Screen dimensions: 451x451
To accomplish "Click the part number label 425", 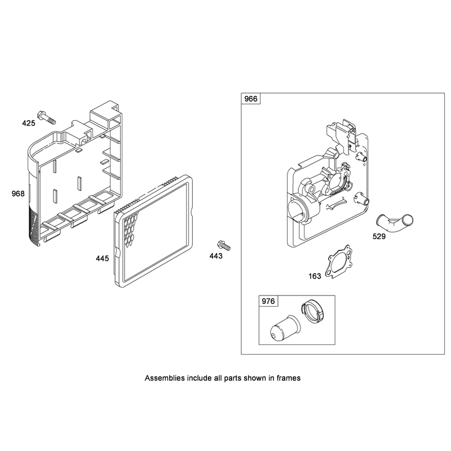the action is point(29,123).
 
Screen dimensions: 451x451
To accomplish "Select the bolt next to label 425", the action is point(46,117).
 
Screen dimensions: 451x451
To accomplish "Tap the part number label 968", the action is point(18,193).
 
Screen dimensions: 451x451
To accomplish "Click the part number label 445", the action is point(103,259).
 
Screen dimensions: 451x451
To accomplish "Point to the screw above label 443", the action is point(224,245).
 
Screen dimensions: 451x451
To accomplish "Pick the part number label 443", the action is point(216,256).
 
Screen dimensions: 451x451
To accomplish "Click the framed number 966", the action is point(251,99).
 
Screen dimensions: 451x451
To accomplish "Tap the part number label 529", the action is point(379,236).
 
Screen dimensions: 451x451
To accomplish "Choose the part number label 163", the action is point(315,276).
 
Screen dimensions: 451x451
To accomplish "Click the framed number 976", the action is point(268,302).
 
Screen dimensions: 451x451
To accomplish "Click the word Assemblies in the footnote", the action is point(165,378).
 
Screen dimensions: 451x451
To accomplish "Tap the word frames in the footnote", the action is point(289,378).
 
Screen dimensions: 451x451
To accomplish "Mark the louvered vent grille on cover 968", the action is point(34,227).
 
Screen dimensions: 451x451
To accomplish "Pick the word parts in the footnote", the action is point(233,378).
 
